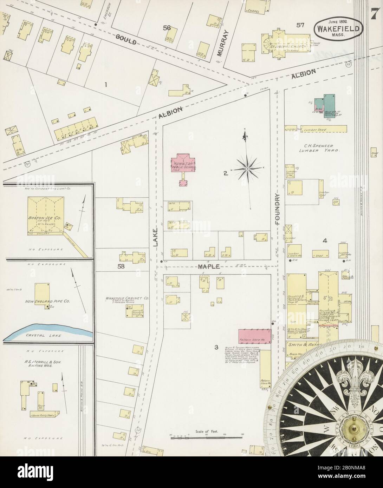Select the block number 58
(x=122, y=266)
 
